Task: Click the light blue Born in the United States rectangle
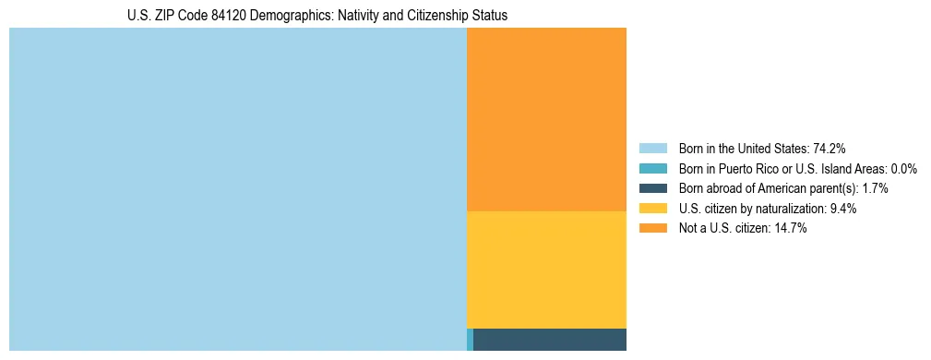[238, 189]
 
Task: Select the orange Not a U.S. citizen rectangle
[546, 120]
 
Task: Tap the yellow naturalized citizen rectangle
[546, 270]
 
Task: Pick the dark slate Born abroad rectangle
[550, 340]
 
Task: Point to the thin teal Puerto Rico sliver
[470, 340]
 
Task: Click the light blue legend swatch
[652, 149]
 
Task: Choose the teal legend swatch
[652, 169]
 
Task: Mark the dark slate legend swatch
[652, 188]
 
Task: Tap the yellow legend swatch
[652, 209]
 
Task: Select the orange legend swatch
[652, 229]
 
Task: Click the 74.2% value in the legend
[830, 149]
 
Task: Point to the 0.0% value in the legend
[903, 169]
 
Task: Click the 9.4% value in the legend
[843, 209]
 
